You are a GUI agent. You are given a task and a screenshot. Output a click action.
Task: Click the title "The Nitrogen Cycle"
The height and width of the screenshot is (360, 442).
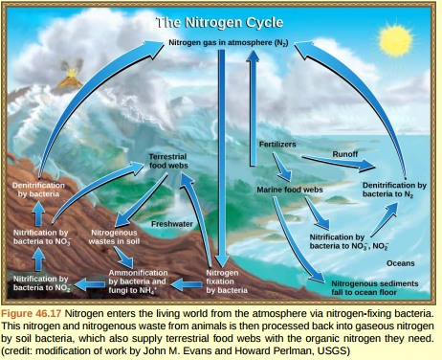pyautogui.click(x=220, y=21)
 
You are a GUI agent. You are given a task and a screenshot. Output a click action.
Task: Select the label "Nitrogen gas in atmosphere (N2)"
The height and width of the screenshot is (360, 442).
pyautogui.click(x=229, y=44)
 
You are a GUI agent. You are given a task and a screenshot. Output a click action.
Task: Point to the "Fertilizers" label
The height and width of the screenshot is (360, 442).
pyautogui.click(x=277, y=144)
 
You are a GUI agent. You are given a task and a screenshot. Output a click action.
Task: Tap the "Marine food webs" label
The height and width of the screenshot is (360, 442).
pyautogui.click(x=290, y=190)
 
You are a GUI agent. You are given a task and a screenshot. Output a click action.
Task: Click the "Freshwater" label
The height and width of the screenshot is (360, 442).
pyautogui.click(x=171, y=223)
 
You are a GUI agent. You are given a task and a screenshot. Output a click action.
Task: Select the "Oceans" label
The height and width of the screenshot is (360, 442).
pyautogui.click(x=400, y=261)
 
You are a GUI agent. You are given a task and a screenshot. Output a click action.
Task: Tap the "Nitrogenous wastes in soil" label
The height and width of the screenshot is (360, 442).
pyautogui.click(x=114, y=238)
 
